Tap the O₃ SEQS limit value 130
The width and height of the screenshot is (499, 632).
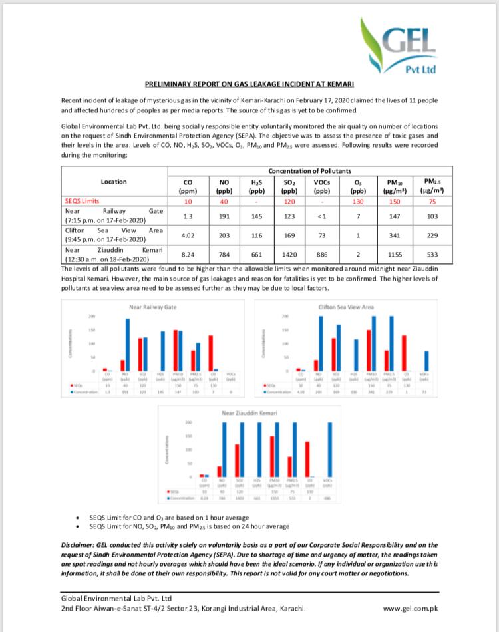click(x=358, y=200)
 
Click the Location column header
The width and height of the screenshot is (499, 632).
click(x=114, y=181)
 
